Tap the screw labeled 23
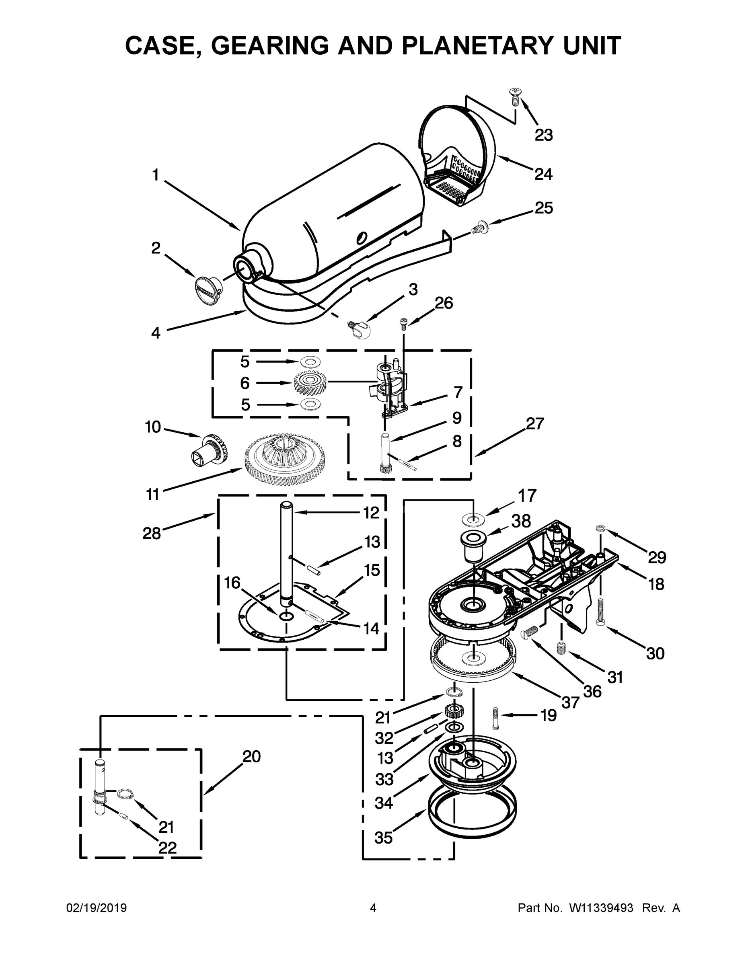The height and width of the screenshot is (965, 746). (x=514, y=97)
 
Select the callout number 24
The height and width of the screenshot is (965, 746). (x=543, y=174)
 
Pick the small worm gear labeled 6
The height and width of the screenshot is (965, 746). (x=310, y=383)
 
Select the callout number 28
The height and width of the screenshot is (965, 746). (x=152, y=533)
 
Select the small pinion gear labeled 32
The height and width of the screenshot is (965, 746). (x=451, y=711)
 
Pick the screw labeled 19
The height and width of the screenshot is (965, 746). (x=495, y=718)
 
